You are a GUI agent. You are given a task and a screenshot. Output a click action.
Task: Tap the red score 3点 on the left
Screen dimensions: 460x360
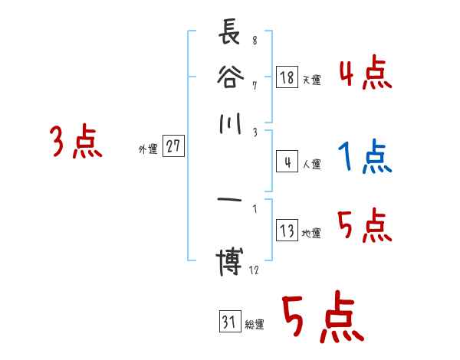pyautogui.click(x=76, y=142)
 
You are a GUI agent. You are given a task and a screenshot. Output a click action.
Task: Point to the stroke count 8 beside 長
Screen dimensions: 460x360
pyautogui.click(x=255, y=41)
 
